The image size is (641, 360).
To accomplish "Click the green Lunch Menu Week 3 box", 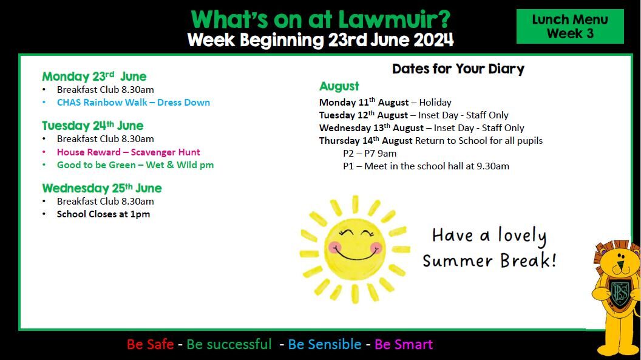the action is click(x=570, y=26).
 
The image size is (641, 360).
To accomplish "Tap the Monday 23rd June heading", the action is click(x=94, y=76).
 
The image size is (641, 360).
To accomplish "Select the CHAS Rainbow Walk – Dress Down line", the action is click(x=134, y=102).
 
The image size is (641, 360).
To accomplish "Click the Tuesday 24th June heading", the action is click(x=92, y=126).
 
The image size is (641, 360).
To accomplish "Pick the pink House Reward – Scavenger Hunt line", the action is click(x=128, y=152).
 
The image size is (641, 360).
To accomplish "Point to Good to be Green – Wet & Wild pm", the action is click(x=135, y=165).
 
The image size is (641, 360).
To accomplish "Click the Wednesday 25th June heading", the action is click(x=102, y=188).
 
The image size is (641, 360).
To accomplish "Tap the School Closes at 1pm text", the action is click(x=103, y=214).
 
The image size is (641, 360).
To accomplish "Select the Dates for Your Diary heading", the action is click(x=458, y=69).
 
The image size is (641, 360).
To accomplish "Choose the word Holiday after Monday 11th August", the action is click(x=435, y=102).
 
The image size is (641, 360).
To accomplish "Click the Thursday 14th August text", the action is click(x=366, y=141).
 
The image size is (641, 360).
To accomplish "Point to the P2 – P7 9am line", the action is click(x=370, y=153).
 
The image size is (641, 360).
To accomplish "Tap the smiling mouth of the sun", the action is click(x=355, y=256).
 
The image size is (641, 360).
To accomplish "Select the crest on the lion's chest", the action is click(x=620, y=293).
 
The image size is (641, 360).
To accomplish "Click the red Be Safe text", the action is click(x=150, y=344).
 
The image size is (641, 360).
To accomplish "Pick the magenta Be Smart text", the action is click(x=404, y=344).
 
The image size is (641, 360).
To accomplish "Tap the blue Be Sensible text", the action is click(x=325, y=344).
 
